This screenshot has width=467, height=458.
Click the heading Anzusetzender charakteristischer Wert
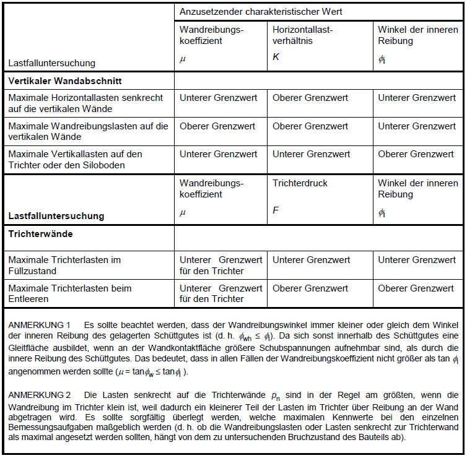click(x=261, y=12)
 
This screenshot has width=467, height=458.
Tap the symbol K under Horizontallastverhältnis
click(x=276, y=57)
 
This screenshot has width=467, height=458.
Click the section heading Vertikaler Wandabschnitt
click(x=65, y=81)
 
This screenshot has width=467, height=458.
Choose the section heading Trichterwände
click(x=40, y=235)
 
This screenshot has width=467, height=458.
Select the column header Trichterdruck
click(x=300, y=183)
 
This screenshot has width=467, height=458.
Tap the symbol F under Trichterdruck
click(x=276, y=211)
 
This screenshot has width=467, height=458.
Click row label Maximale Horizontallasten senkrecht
click(x=85, y=98)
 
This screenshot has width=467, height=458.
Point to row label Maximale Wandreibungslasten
click(x=88, y=126)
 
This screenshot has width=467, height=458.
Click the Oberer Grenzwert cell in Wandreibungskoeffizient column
click(x=217, y=126)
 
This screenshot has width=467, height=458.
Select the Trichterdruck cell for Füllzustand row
click(x=310, y=260)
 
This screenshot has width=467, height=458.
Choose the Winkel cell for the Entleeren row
click(x=416, y=288)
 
